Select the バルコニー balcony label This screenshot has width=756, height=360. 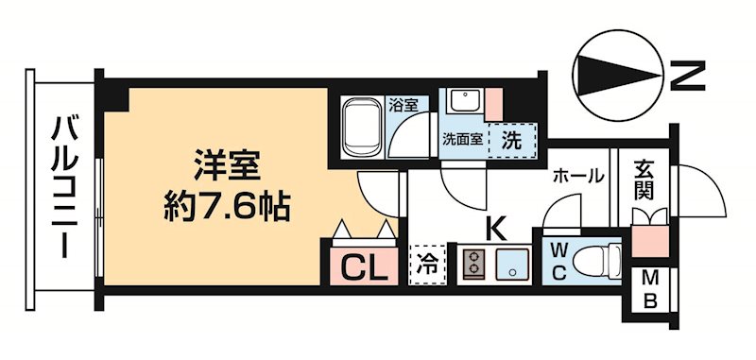[65, 185]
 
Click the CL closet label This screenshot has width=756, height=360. [362, 267]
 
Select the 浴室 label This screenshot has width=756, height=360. [404, 105]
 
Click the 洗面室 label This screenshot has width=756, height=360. [462, 140]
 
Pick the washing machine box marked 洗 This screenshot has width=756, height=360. [511, 139]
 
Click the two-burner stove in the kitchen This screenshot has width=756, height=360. [472, 264]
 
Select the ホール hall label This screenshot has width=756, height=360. [577, 176]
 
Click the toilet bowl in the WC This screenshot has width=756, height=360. [601, 258]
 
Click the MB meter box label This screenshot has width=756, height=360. [651, 290]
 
